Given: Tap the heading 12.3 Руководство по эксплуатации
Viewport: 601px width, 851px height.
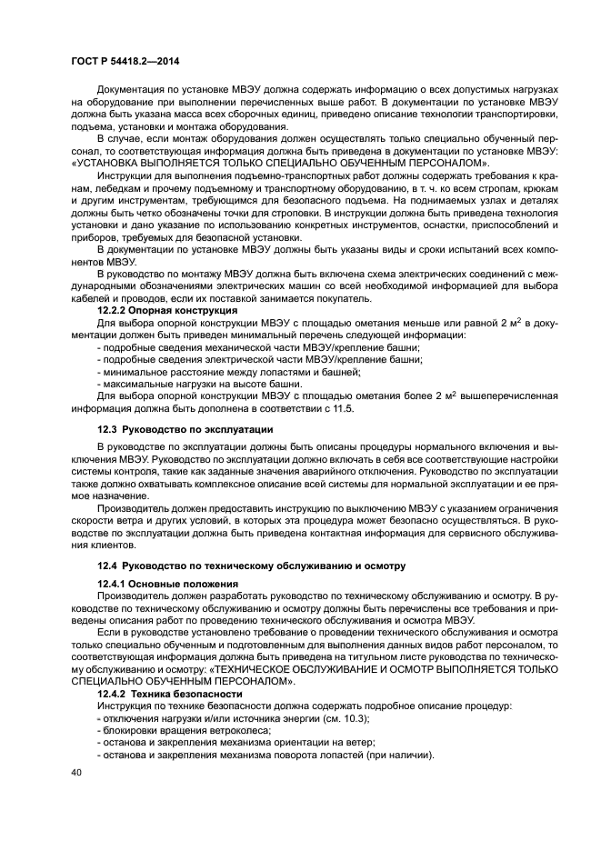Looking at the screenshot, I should [185, 427].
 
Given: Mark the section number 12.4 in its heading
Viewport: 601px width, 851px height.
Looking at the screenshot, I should [109, 566].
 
